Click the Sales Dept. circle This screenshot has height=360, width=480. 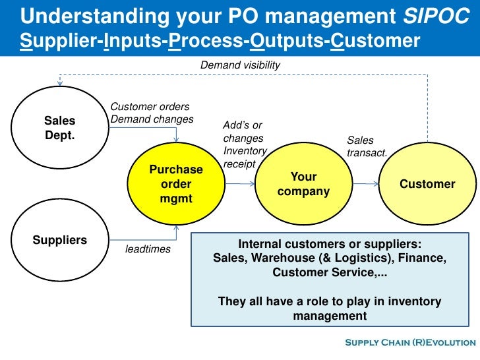point(60,128)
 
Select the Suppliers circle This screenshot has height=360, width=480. point(60,240)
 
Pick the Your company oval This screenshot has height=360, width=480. point(303,184)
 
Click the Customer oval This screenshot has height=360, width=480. point(427,184)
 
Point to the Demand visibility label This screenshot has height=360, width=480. point(241,65)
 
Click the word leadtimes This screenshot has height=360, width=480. point(148,249)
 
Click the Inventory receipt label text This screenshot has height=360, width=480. point(245,157)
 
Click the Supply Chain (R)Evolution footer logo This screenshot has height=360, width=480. point(409,342)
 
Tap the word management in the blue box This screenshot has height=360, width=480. point(329,316)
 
